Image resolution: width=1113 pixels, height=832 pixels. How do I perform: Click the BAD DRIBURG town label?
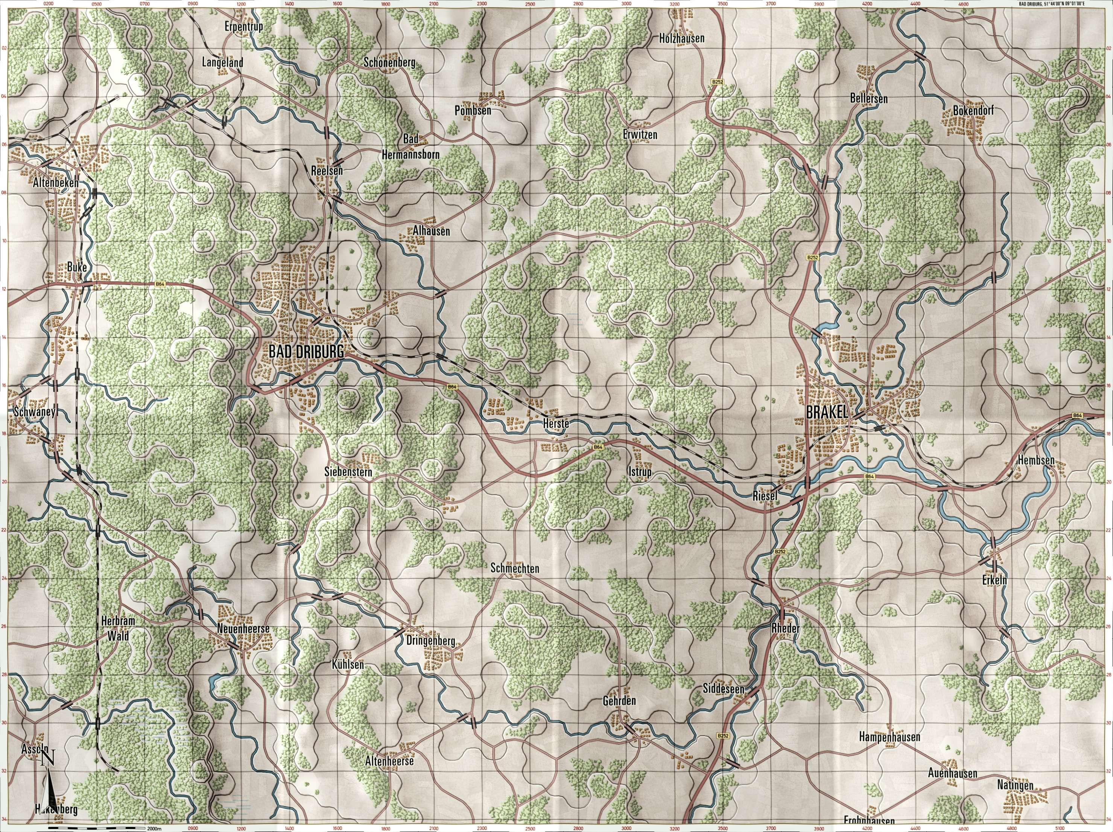coord(306,352)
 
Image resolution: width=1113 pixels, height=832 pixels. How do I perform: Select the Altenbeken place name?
coord(55,183)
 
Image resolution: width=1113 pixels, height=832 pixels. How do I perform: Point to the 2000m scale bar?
coord(96,827)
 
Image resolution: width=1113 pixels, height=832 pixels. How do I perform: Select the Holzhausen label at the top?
coord(681,38)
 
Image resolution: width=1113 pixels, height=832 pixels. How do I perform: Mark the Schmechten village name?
coord(514,569)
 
